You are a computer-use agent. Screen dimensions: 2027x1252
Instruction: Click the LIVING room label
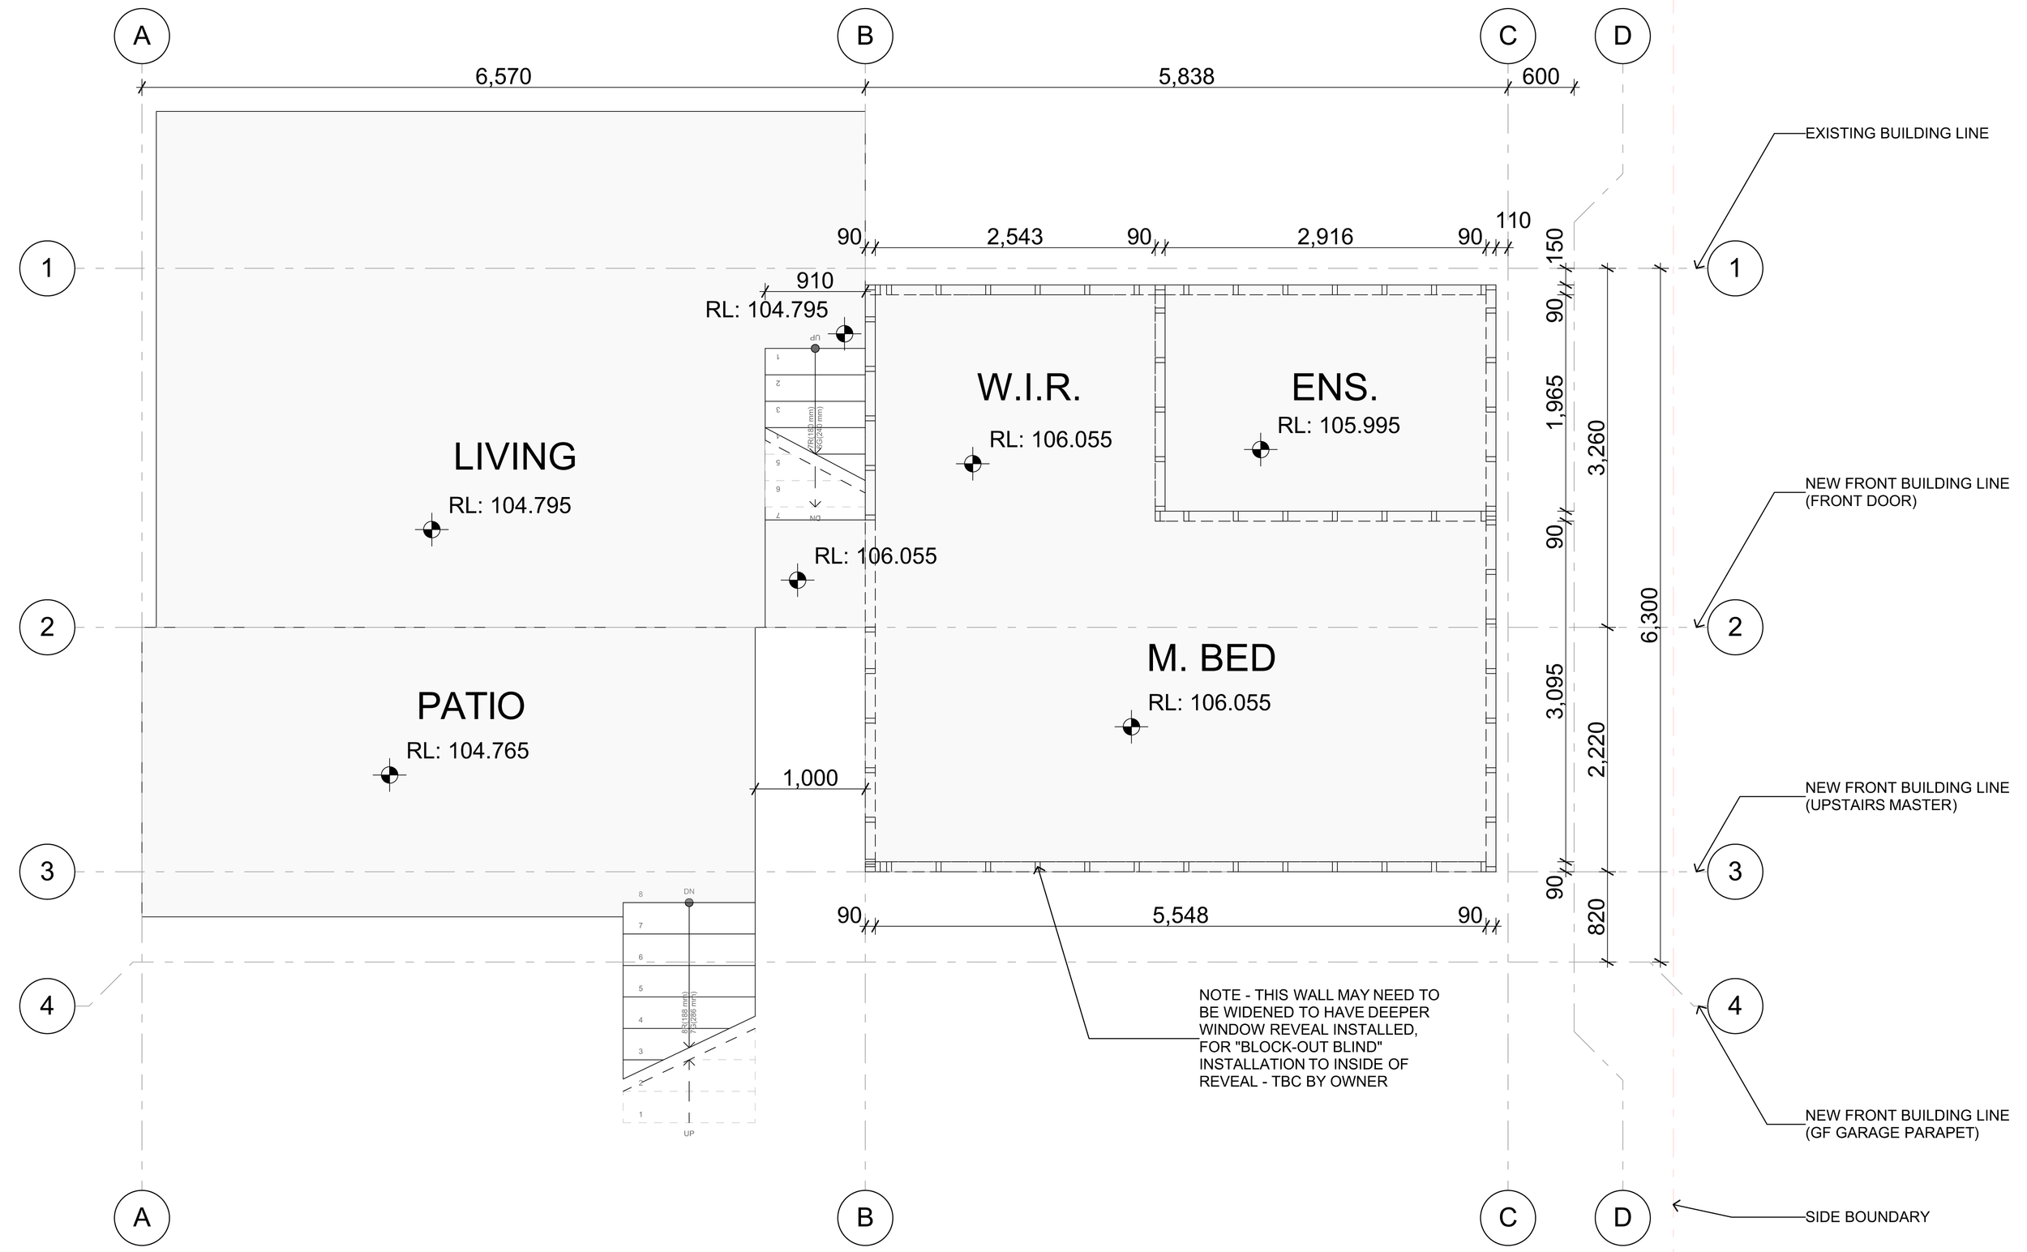(x=514, y=457)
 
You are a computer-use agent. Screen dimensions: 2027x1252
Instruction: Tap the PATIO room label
(x=470, y=706)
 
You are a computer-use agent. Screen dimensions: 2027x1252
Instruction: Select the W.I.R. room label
(x=1028, y=388)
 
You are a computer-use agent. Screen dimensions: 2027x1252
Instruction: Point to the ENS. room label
(x=1334, y=388)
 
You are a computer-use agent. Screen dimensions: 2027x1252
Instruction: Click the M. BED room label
(x=1211, y=658)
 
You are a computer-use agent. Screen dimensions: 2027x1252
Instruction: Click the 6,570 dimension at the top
(x=503, y=76)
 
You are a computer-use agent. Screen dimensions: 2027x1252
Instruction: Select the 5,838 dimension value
(x=1185, y=76)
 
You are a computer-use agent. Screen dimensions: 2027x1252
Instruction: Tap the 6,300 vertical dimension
(x=1648, y=615)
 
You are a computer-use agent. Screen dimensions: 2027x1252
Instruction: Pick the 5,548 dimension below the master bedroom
(x=1180, y=915)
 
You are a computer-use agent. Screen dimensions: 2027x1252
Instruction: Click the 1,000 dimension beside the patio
(x=810, y=778)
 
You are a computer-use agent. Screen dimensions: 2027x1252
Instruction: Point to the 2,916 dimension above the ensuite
(x=1325, y=237)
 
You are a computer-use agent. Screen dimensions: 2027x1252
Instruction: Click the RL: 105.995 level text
(x=1338, y=426)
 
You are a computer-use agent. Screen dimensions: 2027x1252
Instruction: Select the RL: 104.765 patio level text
(x=467, y=751)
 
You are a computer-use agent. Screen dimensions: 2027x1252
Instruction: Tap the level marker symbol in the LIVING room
(x=431, y=530)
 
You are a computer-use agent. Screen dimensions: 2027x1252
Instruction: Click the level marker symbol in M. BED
(x=1131, y=727)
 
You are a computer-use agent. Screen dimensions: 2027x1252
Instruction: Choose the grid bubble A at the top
(x=142, y=36)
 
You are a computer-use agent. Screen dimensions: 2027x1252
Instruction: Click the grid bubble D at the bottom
(x=1622, y=1217)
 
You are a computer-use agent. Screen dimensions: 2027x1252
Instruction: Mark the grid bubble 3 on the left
(x=47, y=871)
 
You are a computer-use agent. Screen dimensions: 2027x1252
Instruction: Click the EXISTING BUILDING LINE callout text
(x=1896, y=133)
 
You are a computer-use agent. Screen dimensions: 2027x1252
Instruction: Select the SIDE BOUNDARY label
(x=1867, y=1217)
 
